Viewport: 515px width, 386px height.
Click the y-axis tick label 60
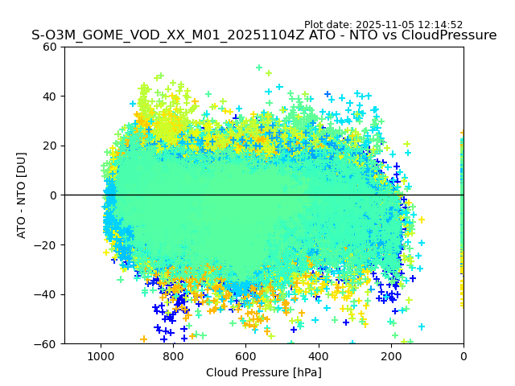[51, 47]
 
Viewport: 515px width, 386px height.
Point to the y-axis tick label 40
[51, 96]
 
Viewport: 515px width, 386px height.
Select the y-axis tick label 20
[51, 146]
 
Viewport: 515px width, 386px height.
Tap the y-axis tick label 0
[54, 195]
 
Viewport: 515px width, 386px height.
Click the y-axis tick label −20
[47, 245]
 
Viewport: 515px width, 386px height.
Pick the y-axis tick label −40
[47, 294]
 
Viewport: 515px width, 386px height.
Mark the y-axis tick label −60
[47, 344]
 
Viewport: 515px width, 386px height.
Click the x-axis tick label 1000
[101, 355]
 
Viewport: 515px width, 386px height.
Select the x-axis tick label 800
[173, 355]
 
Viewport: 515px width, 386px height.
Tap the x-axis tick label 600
[245, 355]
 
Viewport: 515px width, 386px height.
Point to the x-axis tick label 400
[319, 355]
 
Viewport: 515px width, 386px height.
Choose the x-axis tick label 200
[391, 355]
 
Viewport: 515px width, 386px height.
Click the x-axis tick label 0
[463, 355]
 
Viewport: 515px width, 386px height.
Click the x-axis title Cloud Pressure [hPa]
[264, 372]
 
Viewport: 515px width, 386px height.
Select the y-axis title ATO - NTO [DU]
[22, 195]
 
